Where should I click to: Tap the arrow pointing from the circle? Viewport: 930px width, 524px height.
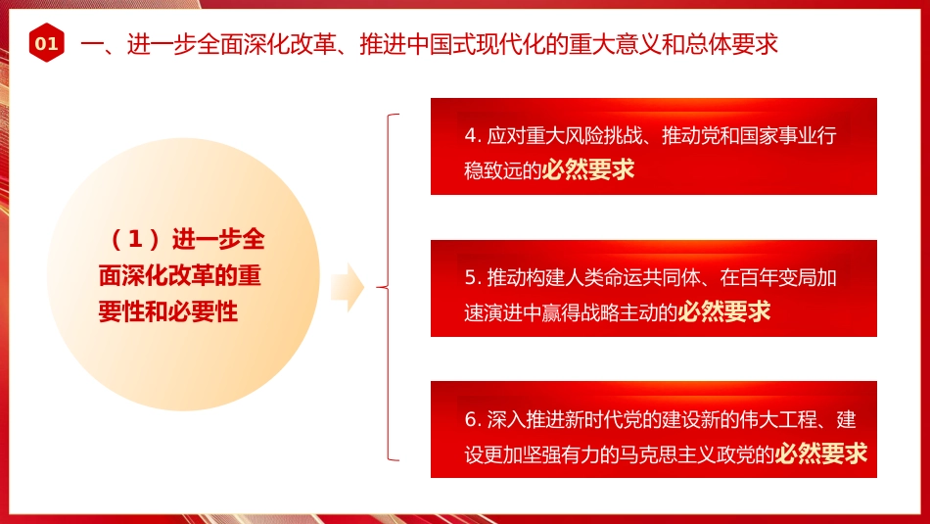pyautogui.click(x=348, y=287)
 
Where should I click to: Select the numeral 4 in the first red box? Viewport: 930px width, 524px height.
pyautogui.click(x=470, y=135)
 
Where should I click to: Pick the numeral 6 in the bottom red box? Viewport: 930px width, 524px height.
pyautogui.click(x=470, y=419)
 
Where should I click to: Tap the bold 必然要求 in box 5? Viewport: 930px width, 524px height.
pyautogui.click(x=724, y=311)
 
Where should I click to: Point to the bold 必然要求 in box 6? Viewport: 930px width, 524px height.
pyautogui.click(x=821, y=454)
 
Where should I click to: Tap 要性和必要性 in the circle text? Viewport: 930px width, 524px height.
pyautogui.click(x=168, y=311)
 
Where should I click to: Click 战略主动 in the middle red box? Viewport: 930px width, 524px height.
pyautogui.click(x=624, y=312)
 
